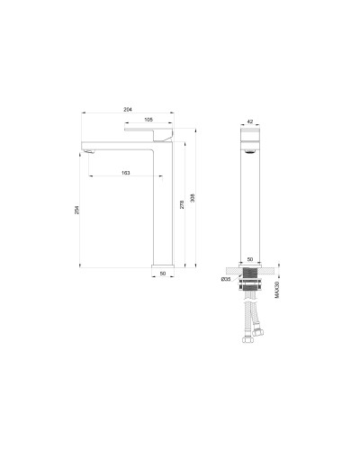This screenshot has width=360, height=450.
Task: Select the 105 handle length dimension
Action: [147, 119]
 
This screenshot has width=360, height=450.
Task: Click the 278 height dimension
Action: [183, 204]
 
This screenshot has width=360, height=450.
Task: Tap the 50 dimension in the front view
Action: [249, 259]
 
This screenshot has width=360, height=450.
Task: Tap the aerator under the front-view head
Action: [249, 153]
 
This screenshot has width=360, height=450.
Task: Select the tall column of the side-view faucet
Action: [163, 207]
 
